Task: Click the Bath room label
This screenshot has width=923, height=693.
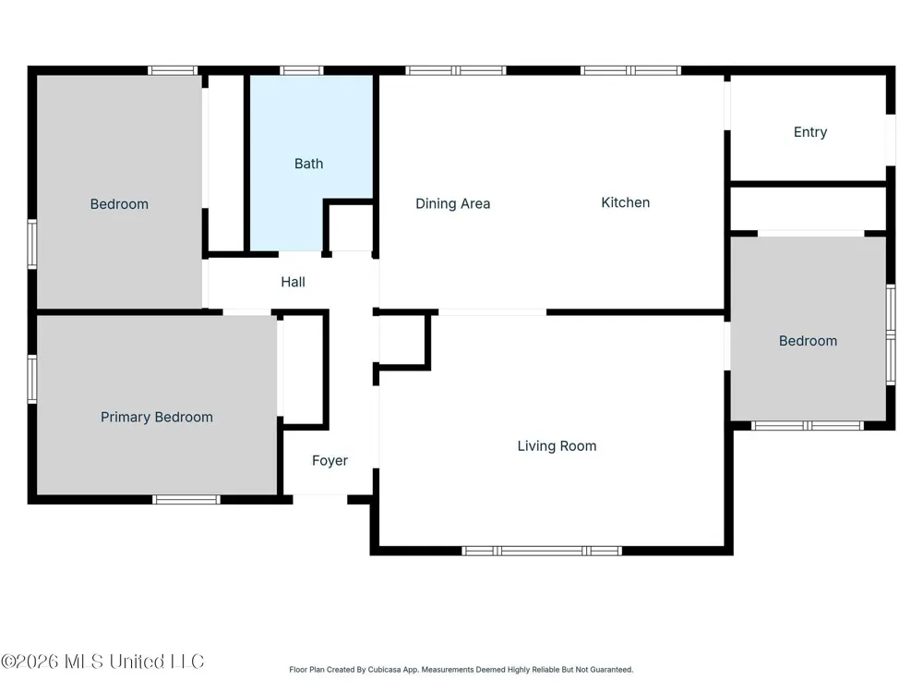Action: coord(308,164)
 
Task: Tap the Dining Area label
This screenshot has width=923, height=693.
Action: coord(452,204)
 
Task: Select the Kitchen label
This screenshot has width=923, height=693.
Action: coord(625,202)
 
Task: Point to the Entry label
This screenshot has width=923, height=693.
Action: coord(810,132)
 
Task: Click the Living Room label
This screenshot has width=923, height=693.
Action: coord(557,446)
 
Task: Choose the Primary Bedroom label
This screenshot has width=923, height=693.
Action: coord(157,418)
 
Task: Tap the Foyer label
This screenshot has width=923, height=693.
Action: coord(330,461)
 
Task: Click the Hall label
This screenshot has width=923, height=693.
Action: coord(293,282)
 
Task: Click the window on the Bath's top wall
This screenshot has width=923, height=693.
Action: coord(302,71)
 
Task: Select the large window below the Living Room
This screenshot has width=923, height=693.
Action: coord(542,551)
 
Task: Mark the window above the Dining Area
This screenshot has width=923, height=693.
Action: coord(456,71)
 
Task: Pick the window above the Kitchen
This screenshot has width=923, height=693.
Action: coord(630,71)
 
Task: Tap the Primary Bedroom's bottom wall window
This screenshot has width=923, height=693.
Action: coord(186,500)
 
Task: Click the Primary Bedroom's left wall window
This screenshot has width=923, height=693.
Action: coord(32,379)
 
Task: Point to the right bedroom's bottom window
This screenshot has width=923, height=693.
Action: coord(807,425)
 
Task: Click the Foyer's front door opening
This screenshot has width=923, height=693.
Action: coord(319,500)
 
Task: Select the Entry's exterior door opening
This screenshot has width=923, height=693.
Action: coord(892,140)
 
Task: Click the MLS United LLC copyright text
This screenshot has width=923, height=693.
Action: coord(102,662)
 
